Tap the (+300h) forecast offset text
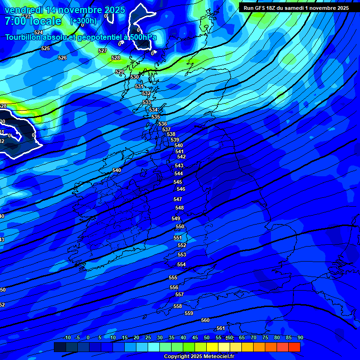click(83, 21)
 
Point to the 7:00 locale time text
click(33, 21)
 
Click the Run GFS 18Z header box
click(296, 7)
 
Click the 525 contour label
click(45, 49)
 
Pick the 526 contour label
click(62, 58)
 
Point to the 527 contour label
click(103, 51)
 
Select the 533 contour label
click(147, 102)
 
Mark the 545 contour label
click(178, 182)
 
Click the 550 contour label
click(180, 226)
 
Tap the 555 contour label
click(173, 278)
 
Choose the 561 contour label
click(221, 328)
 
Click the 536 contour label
click(163, 124)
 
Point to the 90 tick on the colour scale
click(300, 338)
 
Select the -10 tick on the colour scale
click(67, 338)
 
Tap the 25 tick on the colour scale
click(148, 338)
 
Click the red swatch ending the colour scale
click(294, 347)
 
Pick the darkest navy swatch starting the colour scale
click(60, 347)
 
